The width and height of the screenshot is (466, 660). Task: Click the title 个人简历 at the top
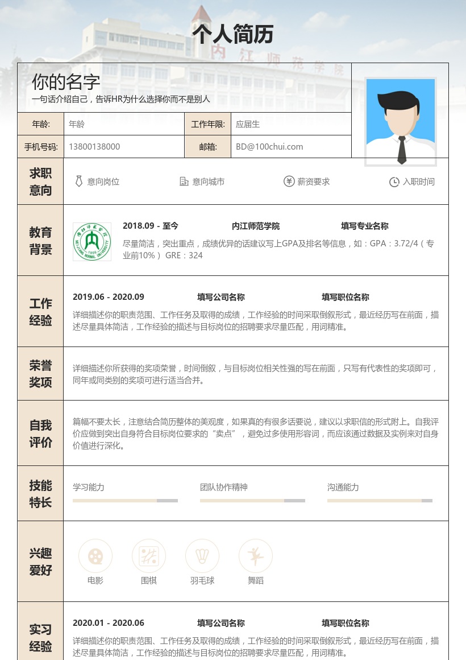click(x=233, y=34)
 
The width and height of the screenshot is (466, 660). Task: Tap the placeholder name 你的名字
click(x=66, y=82)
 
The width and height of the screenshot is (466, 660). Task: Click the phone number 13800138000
click(x=94, y=147)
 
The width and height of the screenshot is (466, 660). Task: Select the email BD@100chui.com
click(x=269, y=147)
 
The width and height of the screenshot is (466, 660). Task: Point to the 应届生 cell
click(x=248, y=124)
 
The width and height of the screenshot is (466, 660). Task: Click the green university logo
click(x=92, y=242)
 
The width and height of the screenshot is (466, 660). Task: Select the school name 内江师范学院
click(x=256, y=226)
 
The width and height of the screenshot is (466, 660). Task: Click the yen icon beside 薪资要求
click(x=289, y=181)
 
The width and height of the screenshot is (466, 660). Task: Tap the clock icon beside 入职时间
click(x=394, y=182)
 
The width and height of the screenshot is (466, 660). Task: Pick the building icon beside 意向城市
click(x=184, y=181)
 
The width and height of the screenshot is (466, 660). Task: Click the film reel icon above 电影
click(x=95, y=556)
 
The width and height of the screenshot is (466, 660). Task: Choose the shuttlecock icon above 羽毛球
click(x=202, y=556)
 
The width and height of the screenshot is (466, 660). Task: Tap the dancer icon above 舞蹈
click(x=256, y=556)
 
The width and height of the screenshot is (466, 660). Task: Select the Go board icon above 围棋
click(x=149, y=556)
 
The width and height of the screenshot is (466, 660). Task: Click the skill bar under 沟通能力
click(x=380, y=501)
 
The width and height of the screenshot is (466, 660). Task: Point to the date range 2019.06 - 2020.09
click(x=109, y=297)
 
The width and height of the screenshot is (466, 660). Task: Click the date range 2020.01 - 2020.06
click(x=109, y=623)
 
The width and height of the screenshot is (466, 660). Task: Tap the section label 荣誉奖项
click(x=40, y=374)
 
